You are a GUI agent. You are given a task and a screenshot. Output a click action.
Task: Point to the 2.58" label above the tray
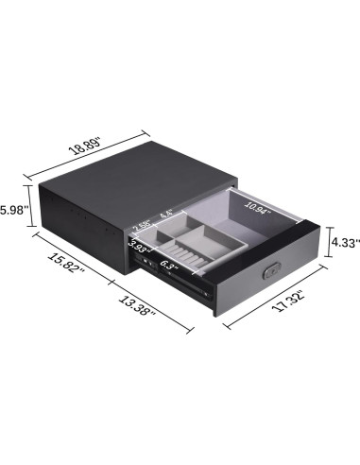[144, 225]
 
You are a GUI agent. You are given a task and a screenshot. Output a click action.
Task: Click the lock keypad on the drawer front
[270, 271]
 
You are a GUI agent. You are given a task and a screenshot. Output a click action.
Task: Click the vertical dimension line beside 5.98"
[31, 210]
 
